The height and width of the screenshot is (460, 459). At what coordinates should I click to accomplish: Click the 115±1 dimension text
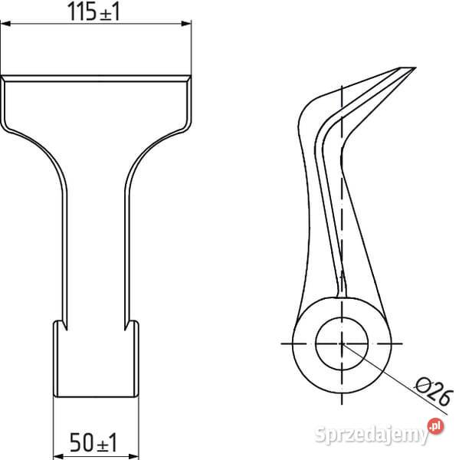(93, 11)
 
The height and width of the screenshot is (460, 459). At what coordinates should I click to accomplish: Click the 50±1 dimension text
(93, 442)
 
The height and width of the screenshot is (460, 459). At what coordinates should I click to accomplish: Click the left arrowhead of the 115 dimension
(5, 24)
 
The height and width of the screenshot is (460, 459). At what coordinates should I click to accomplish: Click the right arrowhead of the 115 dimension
(186, 24)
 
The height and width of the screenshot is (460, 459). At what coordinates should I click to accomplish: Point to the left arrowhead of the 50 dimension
(58, 456)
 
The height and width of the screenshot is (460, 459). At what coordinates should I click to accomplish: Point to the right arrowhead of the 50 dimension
(133, 456)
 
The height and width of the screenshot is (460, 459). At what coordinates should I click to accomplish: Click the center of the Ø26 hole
(342, 343)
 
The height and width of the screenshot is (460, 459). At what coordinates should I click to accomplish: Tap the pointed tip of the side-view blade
(415, 68)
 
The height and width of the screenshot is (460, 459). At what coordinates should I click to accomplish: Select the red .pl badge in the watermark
(435, 426)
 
